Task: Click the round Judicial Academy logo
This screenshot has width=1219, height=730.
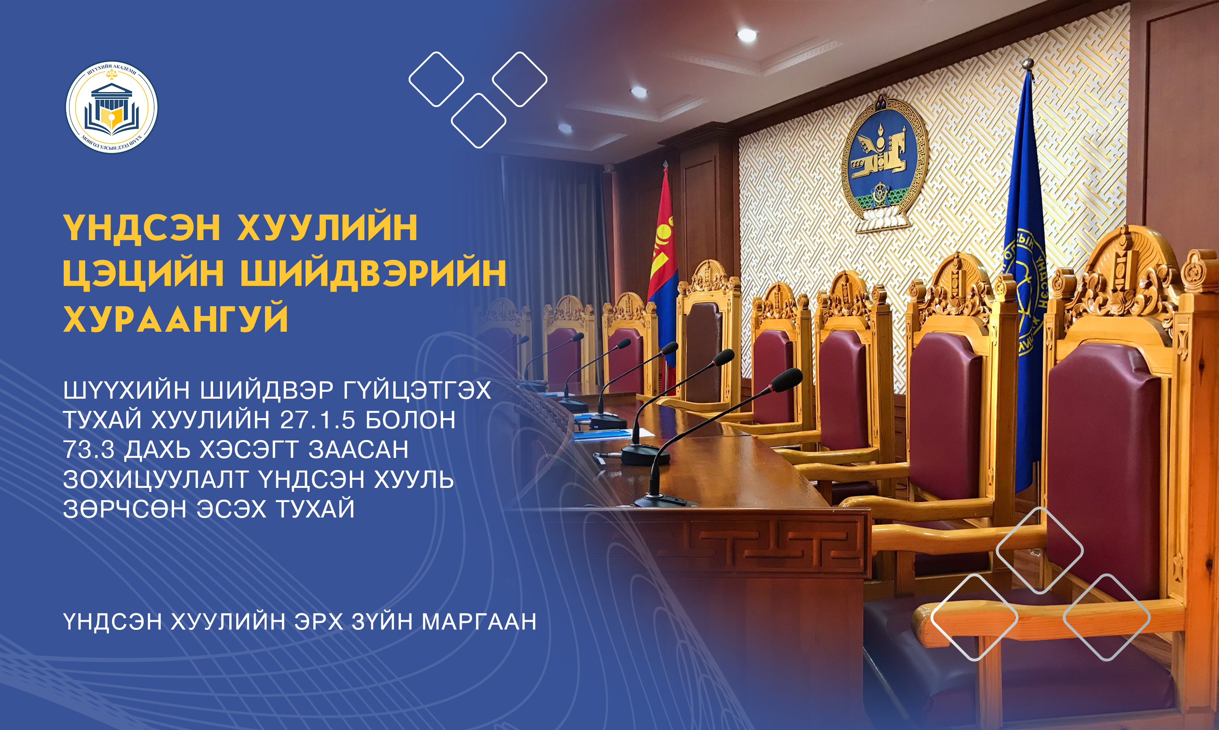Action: tap(112, 107)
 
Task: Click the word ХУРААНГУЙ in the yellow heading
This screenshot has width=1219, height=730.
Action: tap(176, 319)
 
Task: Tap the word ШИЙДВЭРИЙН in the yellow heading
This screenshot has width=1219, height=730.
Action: tap(373, 273)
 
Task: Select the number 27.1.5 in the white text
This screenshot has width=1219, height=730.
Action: tap(317, 420)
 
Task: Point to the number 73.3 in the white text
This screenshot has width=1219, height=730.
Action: tap(88, 450)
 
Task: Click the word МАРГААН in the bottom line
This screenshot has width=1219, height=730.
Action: tap(479, 622)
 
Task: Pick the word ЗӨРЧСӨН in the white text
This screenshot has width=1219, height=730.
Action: tap(125, 509)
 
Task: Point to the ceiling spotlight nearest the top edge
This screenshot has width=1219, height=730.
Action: tap(747, 34)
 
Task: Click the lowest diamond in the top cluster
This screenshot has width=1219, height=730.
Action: tap(478, 120)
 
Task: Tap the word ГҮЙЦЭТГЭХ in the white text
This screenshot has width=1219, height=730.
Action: tap(417, 390)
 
